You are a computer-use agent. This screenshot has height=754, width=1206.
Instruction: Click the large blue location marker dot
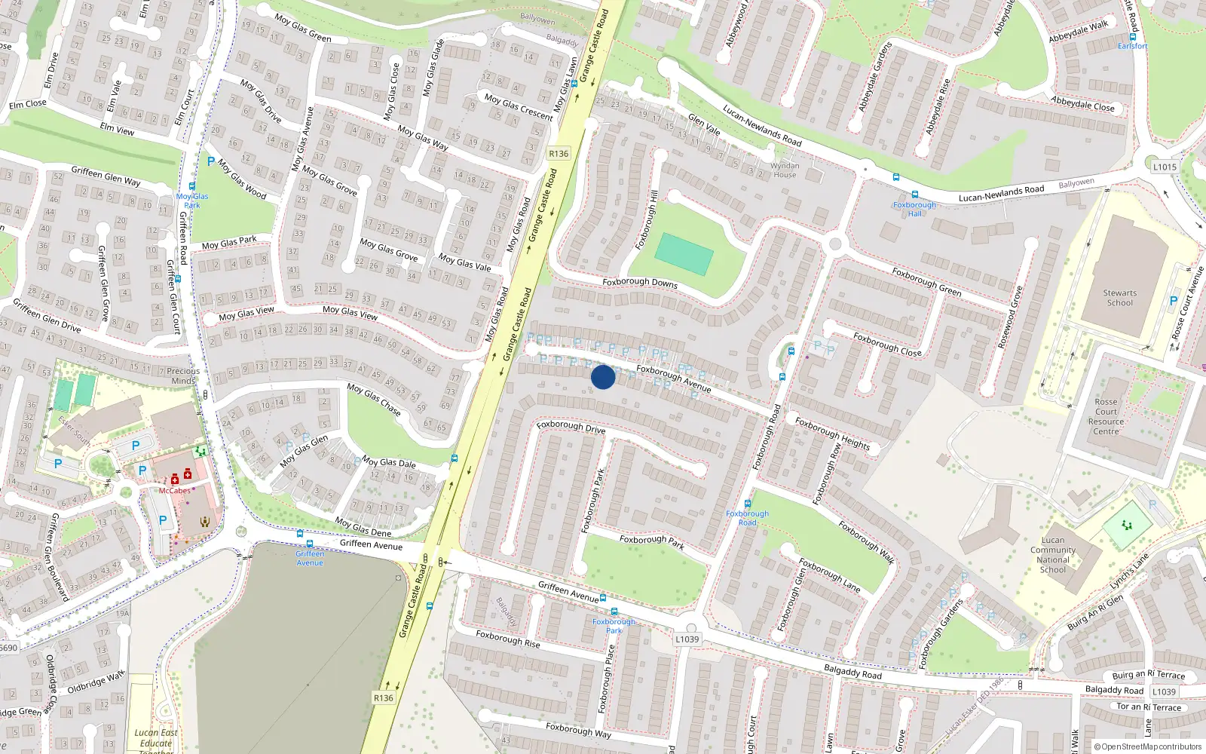click(603, 376)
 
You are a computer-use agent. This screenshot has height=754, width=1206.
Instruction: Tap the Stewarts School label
click(1119, 298)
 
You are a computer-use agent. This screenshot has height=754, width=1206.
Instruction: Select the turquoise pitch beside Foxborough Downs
click(684, 254)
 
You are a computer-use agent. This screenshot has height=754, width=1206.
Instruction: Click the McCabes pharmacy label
click(174, 490)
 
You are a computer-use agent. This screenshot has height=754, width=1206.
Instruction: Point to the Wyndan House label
click(785, 170)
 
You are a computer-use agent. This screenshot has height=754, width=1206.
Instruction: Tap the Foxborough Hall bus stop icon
click(914, 195)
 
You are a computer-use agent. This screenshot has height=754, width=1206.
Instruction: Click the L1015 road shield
click(1165, 167)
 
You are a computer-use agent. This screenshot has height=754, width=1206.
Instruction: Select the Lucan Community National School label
click(1053, 555)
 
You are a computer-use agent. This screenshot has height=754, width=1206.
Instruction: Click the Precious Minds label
click(183, 375)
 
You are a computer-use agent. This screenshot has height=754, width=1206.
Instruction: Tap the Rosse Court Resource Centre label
click(1106, 417)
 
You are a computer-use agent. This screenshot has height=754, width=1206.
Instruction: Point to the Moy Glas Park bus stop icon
click(192, 186)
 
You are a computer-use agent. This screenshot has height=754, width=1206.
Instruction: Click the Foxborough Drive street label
click(571, 427)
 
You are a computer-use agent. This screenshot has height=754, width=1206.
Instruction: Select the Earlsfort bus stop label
click(1132, 46)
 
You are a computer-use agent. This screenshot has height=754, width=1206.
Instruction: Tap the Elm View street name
click(117, 129)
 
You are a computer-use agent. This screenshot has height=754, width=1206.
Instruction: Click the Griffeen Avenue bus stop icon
click(309, 543)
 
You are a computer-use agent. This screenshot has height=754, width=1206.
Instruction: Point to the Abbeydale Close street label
click(1082, 103)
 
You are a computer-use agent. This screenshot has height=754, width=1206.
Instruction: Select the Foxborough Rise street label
click(507, 639)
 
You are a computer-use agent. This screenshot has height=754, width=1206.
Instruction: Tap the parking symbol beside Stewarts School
click(1173, 301)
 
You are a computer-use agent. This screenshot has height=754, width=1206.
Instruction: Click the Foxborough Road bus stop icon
click(747, 504)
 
